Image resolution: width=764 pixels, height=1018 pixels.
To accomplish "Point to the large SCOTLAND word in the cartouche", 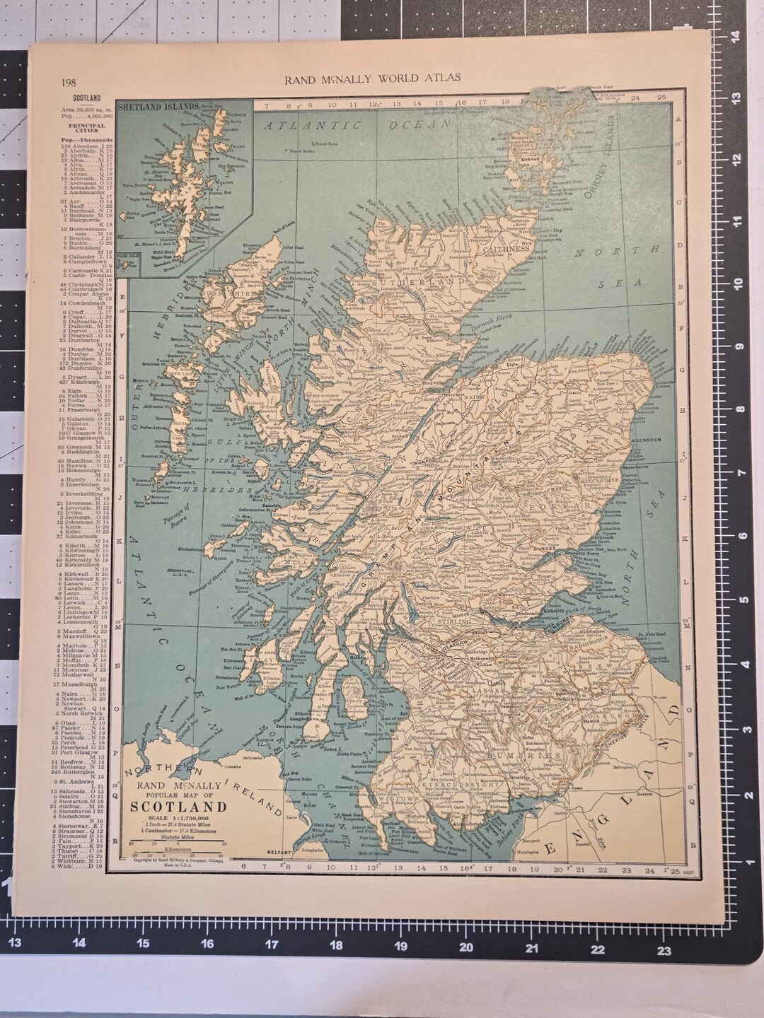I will click(x=177, y=808).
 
